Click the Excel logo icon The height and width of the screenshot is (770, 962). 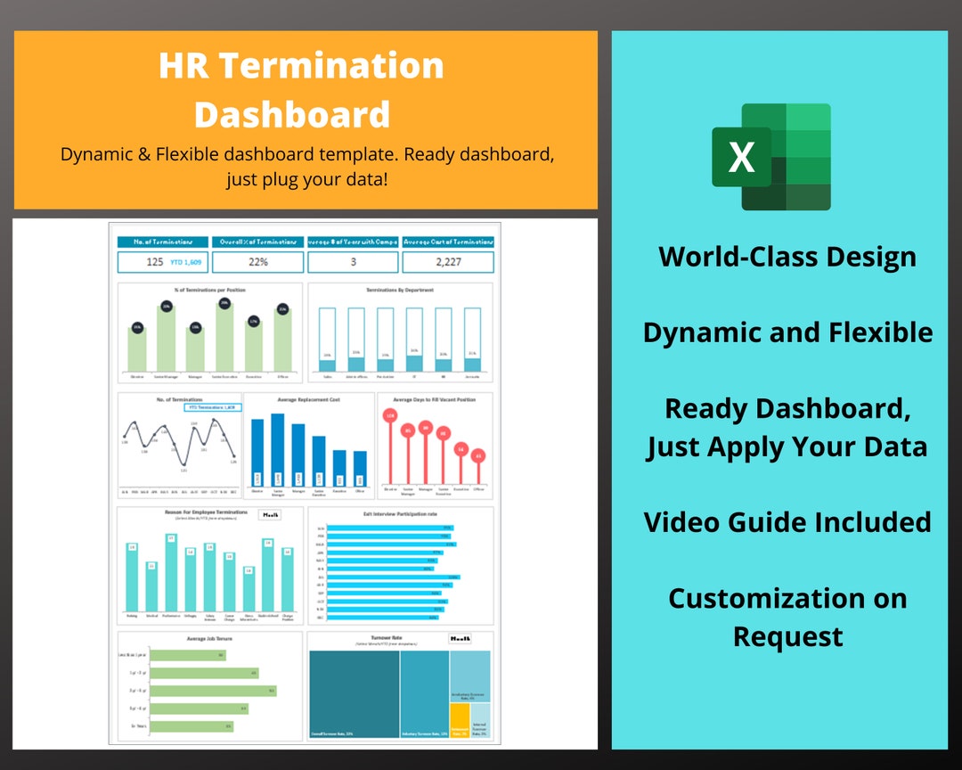[771, 157]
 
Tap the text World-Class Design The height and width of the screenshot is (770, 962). [787, 257]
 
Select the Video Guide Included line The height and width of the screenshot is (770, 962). [787, 521]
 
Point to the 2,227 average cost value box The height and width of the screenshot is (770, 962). [448, 262]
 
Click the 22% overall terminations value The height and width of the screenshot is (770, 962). [258, 262]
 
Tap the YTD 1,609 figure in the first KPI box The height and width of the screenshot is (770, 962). [186, 262]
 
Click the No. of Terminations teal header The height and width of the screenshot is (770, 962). [163, 242]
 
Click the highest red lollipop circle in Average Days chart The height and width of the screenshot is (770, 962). [390, 415]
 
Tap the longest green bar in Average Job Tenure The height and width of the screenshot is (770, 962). [214, 690]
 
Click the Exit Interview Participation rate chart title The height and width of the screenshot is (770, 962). [400, 513]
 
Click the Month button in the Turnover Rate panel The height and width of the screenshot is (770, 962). [461, 639]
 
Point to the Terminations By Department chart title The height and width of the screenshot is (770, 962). [400, 291]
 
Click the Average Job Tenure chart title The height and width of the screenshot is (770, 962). [209, 638]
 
